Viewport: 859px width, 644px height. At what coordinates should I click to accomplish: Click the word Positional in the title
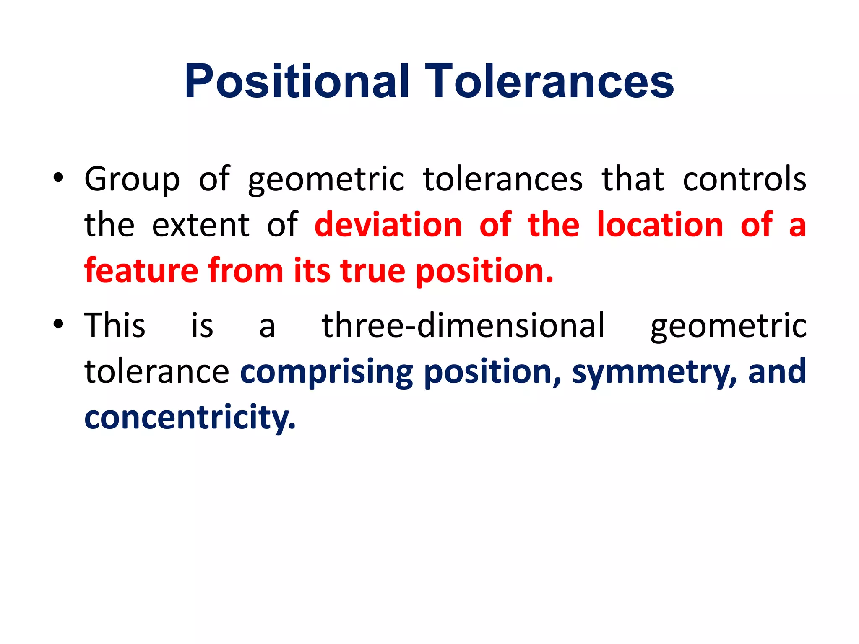296,81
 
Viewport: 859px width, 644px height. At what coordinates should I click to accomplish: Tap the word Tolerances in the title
549,81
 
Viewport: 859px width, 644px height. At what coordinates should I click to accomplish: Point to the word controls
744,179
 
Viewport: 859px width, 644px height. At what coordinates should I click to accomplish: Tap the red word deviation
388,225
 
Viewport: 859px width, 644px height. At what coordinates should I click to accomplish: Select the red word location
660,225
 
